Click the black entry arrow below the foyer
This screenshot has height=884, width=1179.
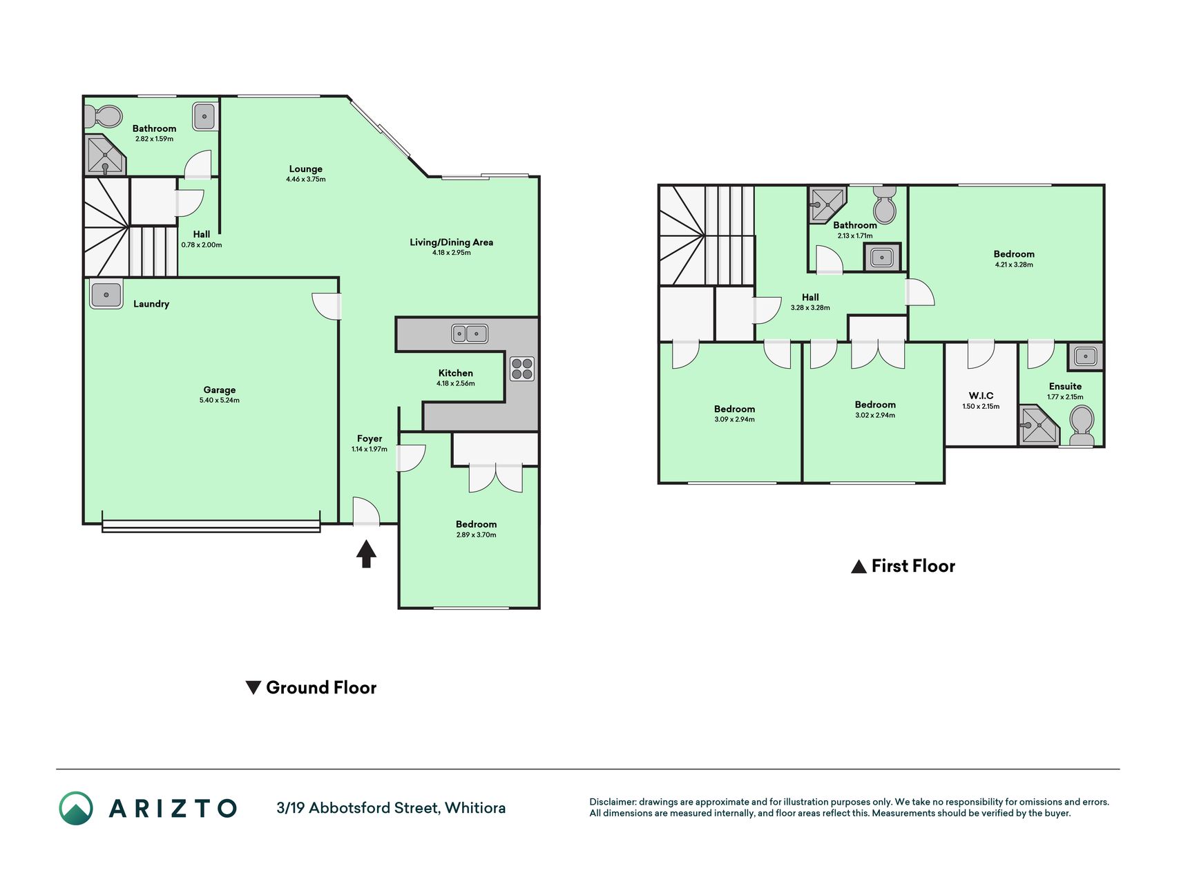point(366,554)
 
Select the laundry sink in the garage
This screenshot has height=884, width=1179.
point(106,295)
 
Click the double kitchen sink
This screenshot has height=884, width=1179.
point(470,334)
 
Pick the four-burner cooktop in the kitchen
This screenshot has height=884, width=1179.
point(522,369)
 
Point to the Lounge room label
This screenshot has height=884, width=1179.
point(306,169)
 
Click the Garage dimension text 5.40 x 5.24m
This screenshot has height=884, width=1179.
point(220,401)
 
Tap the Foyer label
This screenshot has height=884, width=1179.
point(370,439)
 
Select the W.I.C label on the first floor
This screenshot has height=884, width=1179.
point(981,396)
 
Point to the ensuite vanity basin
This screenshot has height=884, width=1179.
point(1085,356)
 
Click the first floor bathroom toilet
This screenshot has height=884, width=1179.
point(885,204)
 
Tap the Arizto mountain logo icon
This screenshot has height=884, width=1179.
point(76,808)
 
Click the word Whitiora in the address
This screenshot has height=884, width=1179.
point(475,808)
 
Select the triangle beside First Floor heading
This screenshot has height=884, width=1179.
point(859,567)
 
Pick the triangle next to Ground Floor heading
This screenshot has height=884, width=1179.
point(253,688)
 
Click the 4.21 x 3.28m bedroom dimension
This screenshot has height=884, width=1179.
point(1014,265)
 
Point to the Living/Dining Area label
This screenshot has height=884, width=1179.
point(452,242)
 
